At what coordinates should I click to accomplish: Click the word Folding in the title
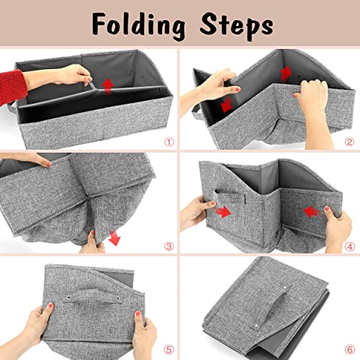click(139, 27)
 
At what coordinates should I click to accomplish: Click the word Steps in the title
click(236, 27)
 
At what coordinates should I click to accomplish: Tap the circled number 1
click(169, 142)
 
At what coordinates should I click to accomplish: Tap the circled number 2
click(349, 142)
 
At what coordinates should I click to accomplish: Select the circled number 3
click(169, 246)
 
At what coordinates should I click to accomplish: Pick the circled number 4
click(350, 246)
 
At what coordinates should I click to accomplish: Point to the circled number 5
click(168, 349)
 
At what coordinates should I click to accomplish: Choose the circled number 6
click(350, 349)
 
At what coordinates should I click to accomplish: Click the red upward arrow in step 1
click(107, 86)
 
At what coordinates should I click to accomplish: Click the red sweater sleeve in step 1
click(12, 87)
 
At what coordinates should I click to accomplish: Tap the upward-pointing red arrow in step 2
click(286, 73)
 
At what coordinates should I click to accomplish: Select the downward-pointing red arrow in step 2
click(226, 105)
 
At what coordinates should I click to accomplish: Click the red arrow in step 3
click(114, 238)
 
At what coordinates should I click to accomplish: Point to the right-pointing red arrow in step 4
click(223, 212)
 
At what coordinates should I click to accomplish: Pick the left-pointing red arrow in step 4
click(311, 212)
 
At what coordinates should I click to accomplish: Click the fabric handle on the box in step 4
click(230, 196)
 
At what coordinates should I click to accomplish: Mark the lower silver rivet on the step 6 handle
click(256, 326)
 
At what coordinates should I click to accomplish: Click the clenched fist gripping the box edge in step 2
click(311, 95)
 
